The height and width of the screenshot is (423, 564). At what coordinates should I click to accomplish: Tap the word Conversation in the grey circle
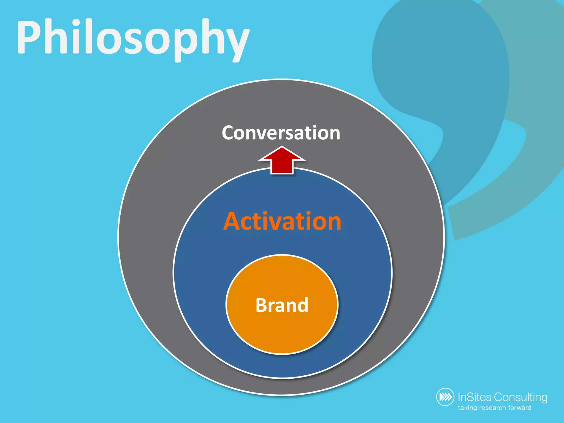pos(281,133)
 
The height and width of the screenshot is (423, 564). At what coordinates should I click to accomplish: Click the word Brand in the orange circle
pos(282,305)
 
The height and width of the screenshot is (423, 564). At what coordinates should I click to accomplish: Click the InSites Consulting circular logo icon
pos(445,397)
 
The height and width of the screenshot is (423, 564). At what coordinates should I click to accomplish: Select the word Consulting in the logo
pos(520,397)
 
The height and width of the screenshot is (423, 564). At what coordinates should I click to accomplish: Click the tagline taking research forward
pos(494,408)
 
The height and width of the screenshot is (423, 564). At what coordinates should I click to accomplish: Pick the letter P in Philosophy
pos(29,37)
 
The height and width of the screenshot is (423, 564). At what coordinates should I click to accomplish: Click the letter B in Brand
pos(262,305)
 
